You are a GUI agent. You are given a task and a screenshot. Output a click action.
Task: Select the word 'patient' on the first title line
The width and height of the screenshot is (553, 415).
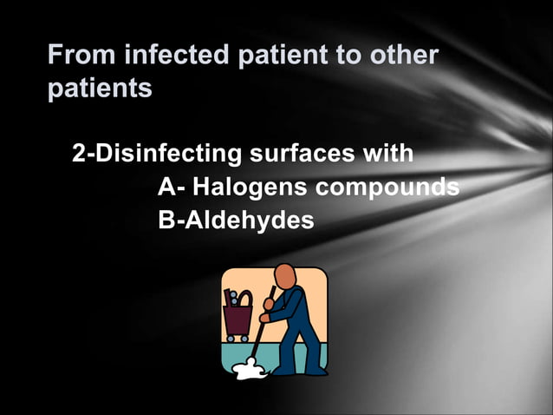[x=277, y=56]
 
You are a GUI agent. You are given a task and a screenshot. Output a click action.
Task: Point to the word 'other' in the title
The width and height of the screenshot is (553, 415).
[x=404, y=56]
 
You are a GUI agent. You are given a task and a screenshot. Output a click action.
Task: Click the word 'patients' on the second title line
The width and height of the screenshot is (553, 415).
[x=100, y=89]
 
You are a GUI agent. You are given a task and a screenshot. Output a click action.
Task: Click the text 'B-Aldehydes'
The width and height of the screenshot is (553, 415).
[x=236, y=221]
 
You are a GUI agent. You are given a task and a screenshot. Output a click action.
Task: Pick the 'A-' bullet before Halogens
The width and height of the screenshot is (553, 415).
[x=172, y=188]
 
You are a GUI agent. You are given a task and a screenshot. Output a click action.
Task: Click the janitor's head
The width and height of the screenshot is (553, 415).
[x=286, y=278]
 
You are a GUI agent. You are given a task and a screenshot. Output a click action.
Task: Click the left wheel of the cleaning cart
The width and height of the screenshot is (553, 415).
[x=230, y=338]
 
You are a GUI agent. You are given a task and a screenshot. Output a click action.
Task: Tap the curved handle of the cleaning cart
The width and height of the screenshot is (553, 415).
[x=245, y=297]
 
